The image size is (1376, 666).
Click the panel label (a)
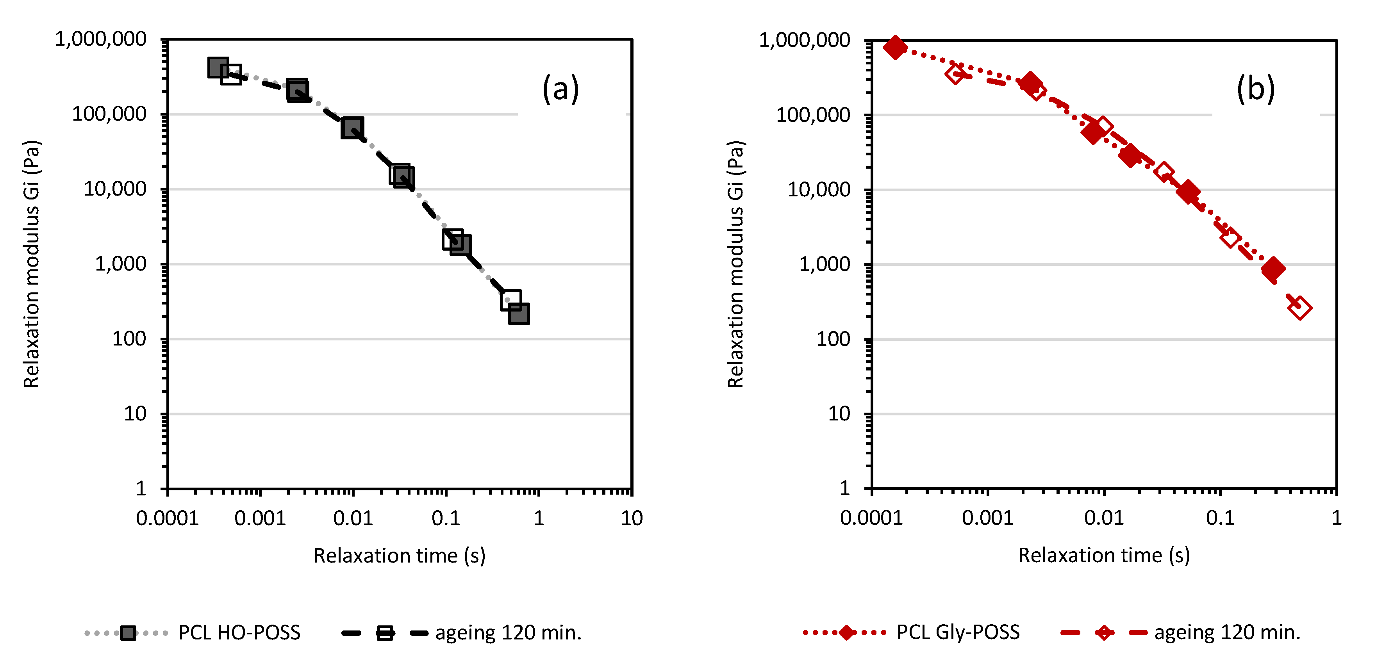tap(560, 89)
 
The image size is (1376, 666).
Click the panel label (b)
tap(1255, 89)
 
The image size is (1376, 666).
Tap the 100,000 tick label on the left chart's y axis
tap(109, 114)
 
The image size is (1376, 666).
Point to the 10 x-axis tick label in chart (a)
tap(632, 518)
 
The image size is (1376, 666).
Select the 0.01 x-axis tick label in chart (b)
tap(1104, 518)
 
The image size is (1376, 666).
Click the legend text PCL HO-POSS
tap(239, 633)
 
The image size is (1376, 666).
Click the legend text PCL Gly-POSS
tap(958, 632)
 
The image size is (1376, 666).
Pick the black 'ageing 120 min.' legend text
tap(508, 633)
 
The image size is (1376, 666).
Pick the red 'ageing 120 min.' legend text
tap(1227, 632)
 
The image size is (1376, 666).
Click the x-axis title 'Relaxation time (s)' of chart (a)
tap(399, 556)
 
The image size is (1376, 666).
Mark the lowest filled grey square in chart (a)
tap(519, 313)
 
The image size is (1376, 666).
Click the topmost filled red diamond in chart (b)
tap(895, 48)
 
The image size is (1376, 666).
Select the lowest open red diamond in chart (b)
tap(1299, 308)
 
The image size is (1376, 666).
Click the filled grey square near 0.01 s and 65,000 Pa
tap(352, 128)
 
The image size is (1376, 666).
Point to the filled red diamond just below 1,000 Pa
tap(1273, 269)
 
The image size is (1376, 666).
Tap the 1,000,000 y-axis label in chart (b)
tap(805, 40)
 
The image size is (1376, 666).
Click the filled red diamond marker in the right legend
tap(847, 633)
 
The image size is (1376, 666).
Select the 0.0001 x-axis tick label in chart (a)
tap(167, 518)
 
